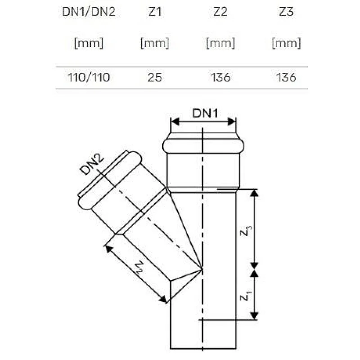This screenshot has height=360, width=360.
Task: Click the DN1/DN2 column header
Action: [89, 12]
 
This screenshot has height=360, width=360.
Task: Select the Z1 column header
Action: [155, 12]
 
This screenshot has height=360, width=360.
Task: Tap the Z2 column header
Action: [220, 12]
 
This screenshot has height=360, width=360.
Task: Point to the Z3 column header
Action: [286, 12]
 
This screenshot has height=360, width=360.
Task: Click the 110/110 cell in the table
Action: [89, 77]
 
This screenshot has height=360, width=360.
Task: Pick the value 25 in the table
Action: [155, 77]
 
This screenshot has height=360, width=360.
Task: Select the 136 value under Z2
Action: [220, 77]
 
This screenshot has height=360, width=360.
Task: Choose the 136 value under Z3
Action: [286, 77]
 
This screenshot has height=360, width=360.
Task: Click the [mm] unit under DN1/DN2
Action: [89, 43]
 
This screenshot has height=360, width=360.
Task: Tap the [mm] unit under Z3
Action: [286, 43]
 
